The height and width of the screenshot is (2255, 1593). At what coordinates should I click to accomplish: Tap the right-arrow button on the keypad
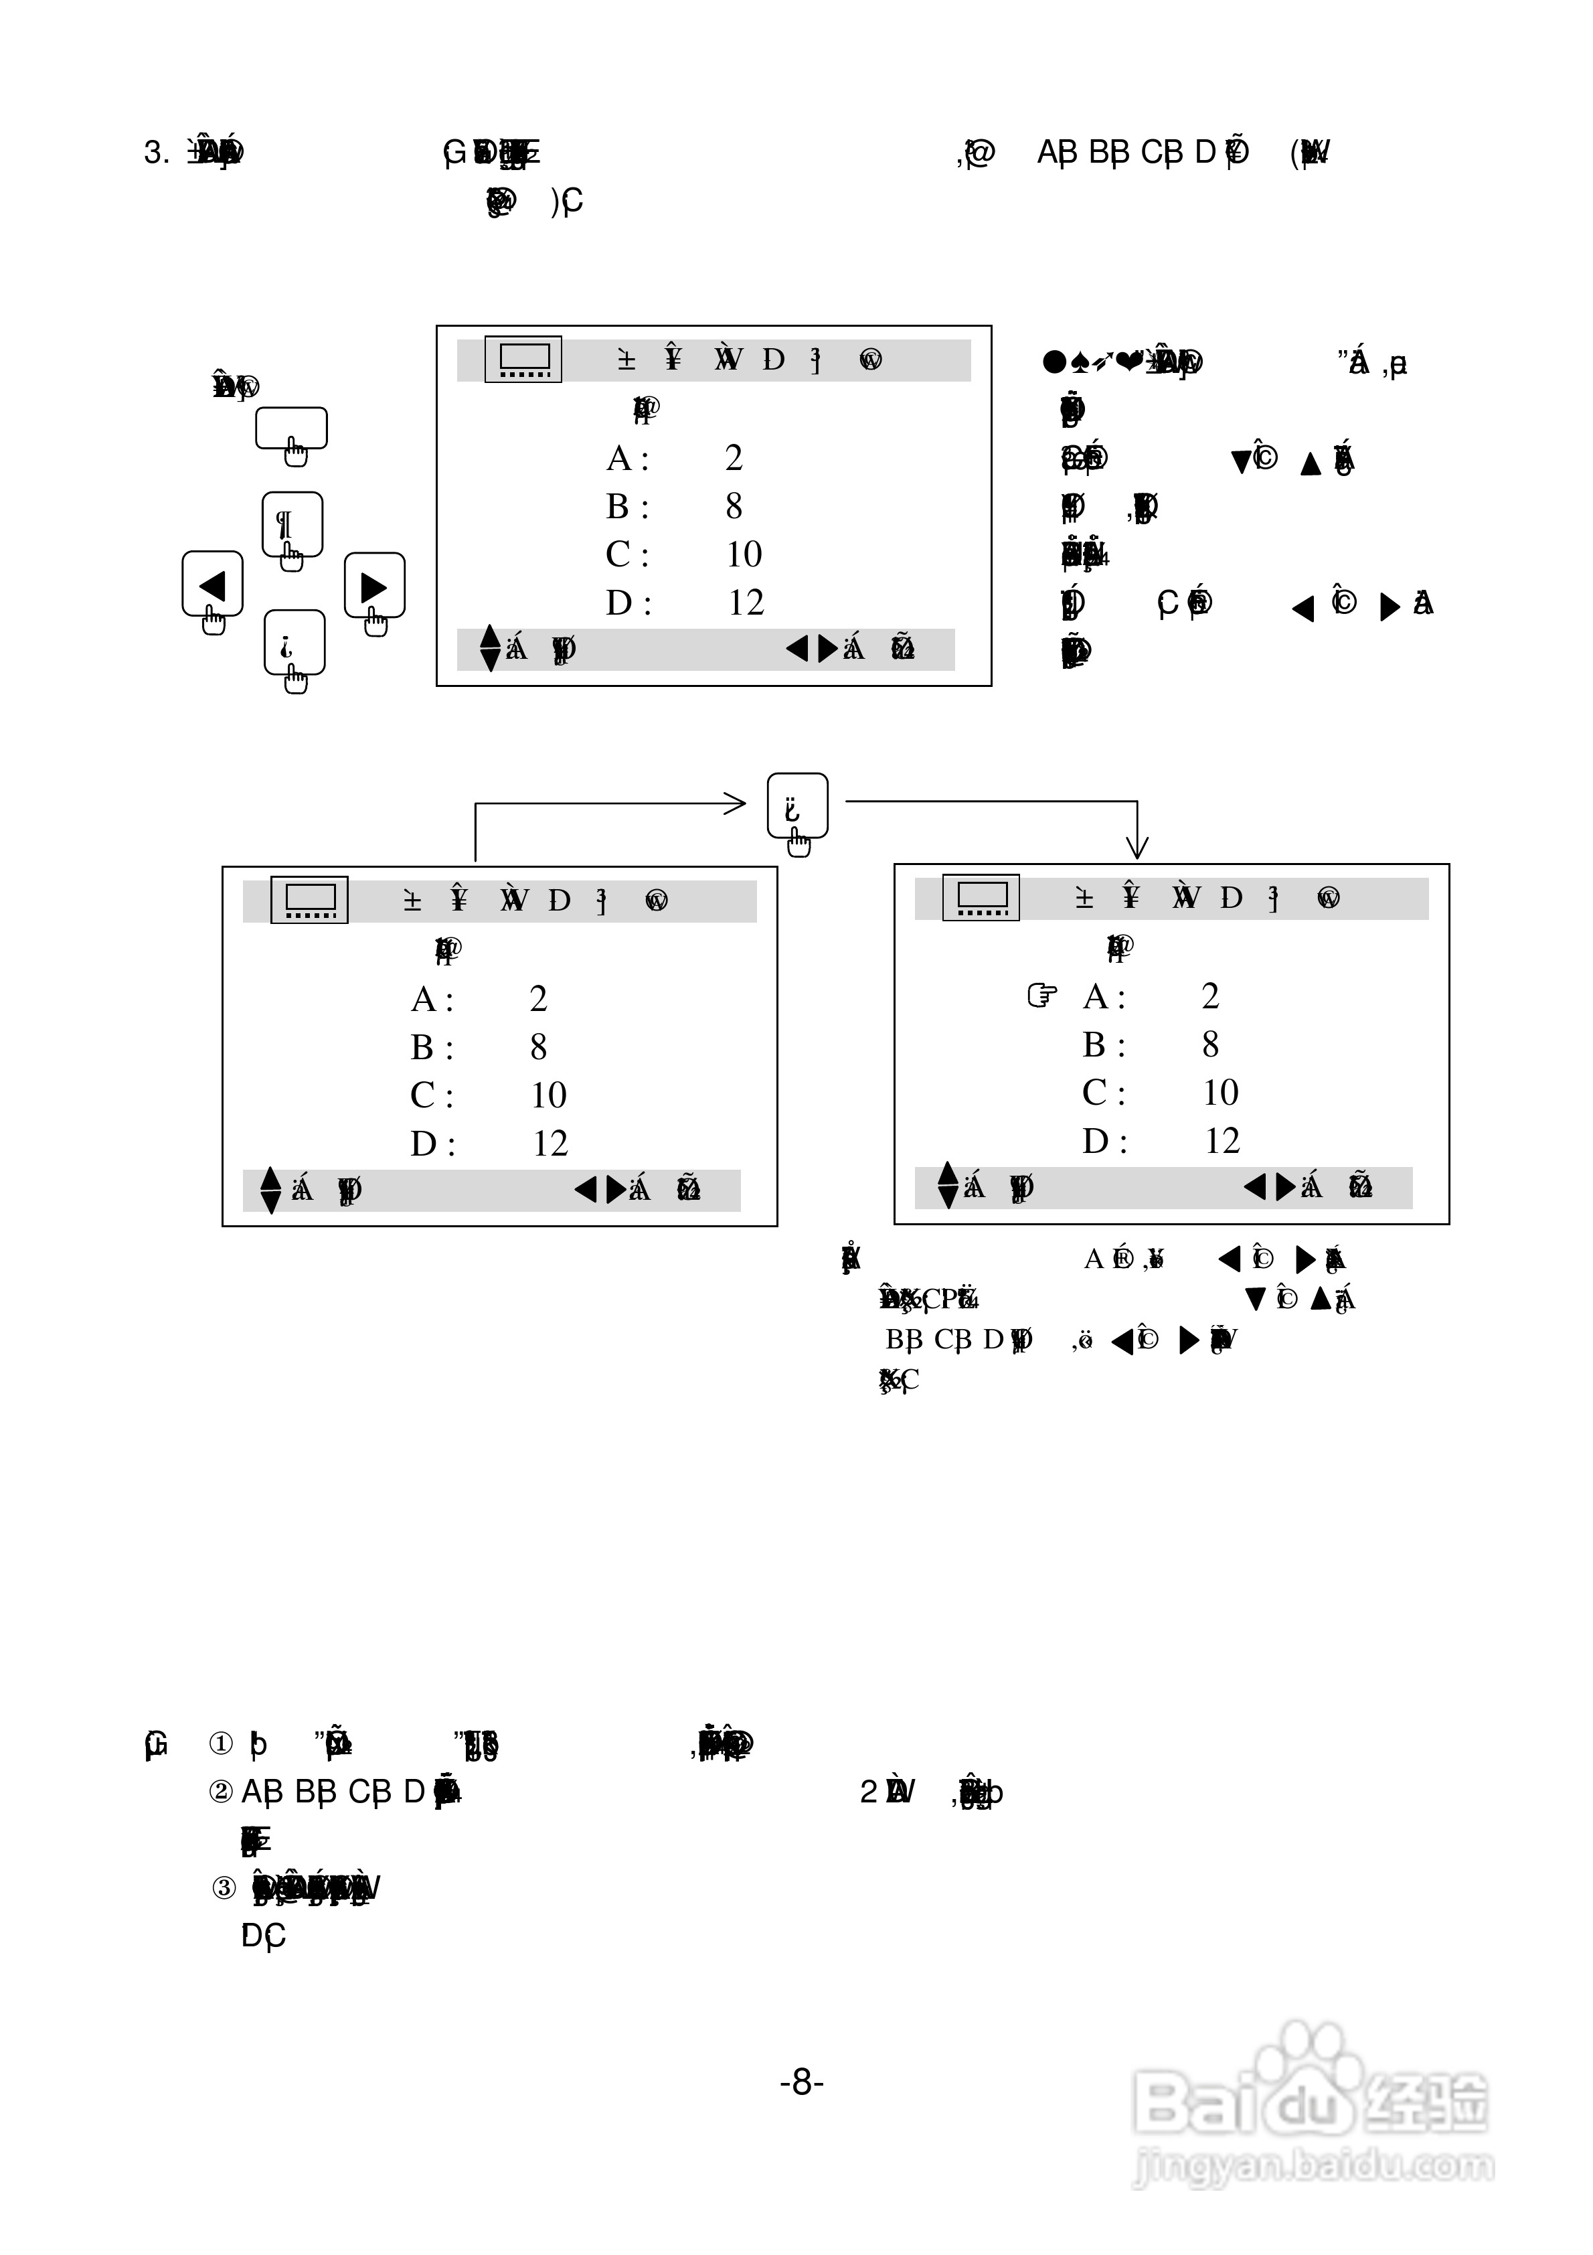(374, 587)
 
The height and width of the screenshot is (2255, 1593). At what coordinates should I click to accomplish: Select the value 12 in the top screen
(746, 602)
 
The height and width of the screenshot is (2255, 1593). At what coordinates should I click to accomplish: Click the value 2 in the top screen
(734, 458)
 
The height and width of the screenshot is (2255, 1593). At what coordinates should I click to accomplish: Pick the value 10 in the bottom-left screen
(548, 1094)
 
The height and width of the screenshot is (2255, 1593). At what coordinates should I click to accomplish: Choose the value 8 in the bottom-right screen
(1210, 1044)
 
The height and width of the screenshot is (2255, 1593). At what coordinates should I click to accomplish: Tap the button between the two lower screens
(796, 806)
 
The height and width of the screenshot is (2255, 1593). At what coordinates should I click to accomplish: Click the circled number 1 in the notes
(221, 1743)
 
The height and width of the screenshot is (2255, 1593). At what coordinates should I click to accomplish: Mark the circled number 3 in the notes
(224, 1887)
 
